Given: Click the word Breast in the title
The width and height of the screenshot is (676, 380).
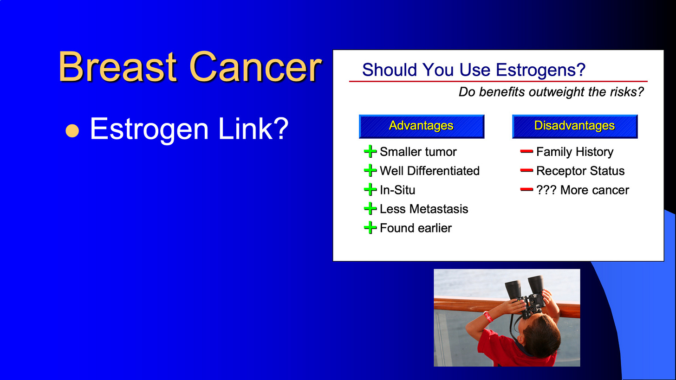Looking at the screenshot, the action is pos(117,66).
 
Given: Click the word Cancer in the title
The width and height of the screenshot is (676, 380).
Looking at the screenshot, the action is pos(256,67).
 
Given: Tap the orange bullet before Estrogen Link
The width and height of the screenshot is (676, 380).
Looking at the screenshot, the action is pos(72,130).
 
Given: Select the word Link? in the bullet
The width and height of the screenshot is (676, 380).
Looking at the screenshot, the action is pos(253,129).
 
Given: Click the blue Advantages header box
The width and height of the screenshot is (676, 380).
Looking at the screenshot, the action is pos(422,126).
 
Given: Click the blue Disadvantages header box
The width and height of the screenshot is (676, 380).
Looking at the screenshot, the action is pos(575,126).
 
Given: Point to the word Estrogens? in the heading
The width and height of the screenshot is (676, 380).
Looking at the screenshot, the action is pos(540,70).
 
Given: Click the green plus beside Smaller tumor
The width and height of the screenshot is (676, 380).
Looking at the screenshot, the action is pos(370,151).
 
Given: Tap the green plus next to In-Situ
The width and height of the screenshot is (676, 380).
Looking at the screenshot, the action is pos(370,190).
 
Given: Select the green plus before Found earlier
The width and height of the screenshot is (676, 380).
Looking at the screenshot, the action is pos(370,228).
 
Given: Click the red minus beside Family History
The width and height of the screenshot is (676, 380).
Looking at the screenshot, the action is pos(526,151).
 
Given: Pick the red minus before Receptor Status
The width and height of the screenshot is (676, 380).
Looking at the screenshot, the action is pos(526,170).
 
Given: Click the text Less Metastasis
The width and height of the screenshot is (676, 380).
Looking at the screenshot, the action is pos(424,209).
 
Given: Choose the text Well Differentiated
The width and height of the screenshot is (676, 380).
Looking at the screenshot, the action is pos(430,171).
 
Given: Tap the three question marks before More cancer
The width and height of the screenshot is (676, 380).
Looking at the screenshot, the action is pos(546,190).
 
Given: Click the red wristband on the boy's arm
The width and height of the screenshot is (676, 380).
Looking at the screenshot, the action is pos(488,316).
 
